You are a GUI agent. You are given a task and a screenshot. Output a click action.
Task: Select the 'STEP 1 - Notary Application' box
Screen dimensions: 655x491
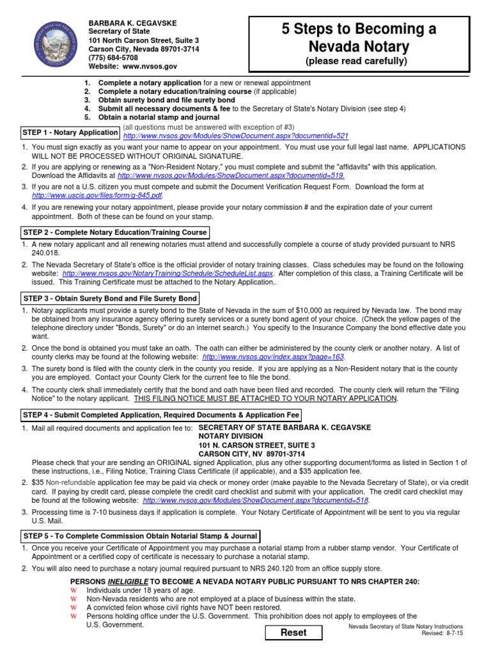70,132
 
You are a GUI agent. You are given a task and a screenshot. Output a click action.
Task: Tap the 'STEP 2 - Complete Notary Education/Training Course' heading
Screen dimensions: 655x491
115,232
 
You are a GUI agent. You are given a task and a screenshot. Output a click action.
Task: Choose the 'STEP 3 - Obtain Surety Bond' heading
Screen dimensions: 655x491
111,299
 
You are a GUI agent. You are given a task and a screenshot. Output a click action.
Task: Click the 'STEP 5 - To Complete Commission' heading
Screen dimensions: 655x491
141,535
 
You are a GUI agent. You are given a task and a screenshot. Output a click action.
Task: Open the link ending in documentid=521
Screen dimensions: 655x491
236,136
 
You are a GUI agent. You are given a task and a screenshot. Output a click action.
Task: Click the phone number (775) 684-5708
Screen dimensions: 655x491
113,58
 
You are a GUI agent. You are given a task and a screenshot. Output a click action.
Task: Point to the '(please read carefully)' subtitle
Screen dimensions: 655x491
355,61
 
